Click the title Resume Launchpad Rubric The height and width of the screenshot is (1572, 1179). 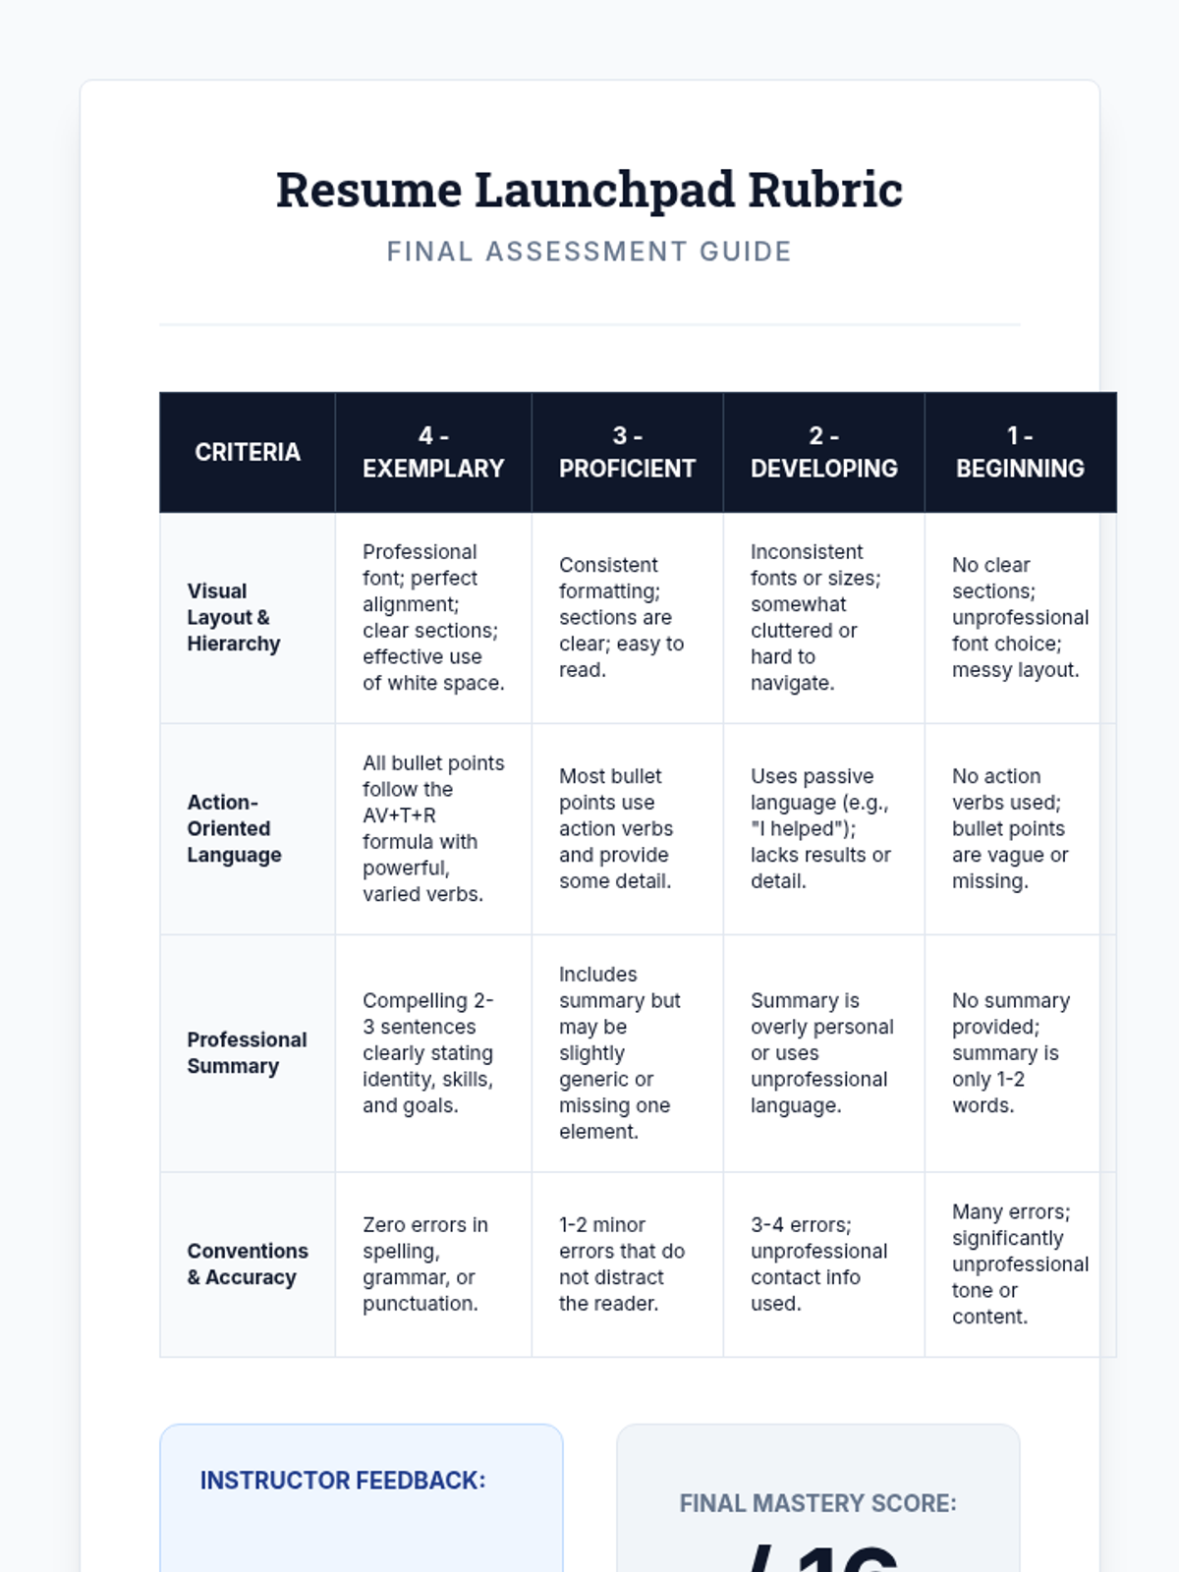click(x=589, y=190)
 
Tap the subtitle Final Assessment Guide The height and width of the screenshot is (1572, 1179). click(x=589, y=252)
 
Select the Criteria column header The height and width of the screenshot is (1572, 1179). click(x=248, y=452)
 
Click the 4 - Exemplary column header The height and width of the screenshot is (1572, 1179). click(x=433, y=452)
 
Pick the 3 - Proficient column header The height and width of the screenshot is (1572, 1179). click(x=627, y=452)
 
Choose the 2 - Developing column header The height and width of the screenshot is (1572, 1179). click(x=823, y=452)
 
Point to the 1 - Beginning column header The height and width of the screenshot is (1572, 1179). click(x=1020, y=452)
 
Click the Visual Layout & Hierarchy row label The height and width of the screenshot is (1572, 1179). click(x=234, y=617)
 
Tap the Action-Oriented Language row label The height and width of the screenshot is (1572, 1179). click(x=234, y=828)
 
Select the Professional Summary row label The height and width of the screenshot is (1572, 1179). click(x=247, y=1052)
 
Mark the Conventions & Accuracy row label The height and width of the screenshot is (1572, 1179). click(x=248, y=1263)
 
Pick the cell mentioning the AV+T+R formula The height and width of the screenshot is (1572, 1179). click(x=433, y=828)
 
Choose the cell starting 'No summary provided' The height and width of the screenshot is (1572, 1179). click(x=1011, y=1052)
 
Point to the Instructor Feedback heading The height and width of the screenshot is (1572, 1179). click(x=343, y=1481)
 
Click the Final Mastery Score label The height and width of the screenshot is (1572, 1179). click(x=817, y=1503)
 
